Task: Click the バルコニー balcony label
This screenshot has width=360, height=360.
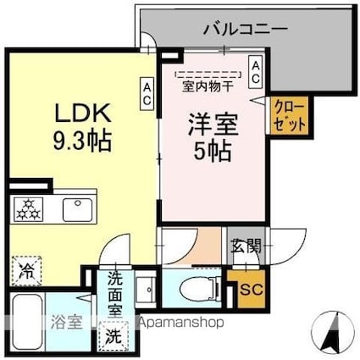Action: [x=246, y=29]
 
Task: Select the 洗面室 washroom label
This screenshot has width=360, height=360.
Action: [x=112, y=292]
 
